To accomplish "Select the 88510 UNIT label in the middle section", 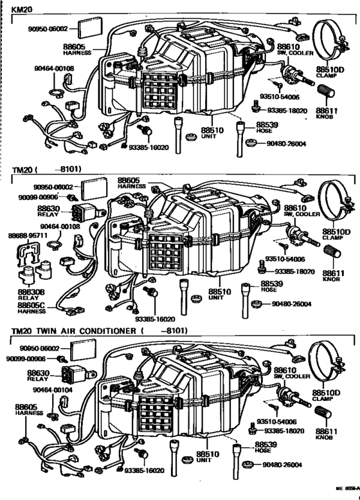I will tap(216, 294).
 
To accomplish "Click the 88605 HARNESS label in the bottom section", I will tap(28, 410).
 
